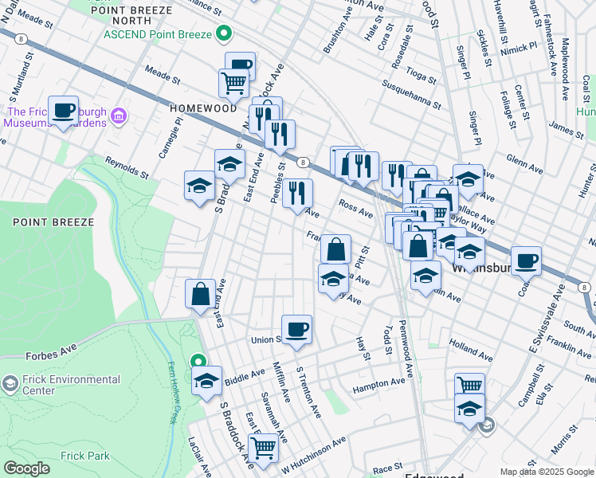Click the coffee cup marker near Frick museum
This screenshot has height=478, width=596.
[x=63, y=111]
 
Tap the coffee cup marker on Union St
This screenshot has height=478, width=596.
[x=296, y=329]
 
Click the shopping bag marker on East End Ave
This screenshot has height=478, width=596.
[x=200, y=294]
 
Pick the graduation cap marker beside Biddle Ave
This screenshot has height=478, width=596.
[x=206, y=380]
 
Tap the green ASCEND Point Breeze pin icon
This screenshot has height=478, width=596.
[x=225, y=34]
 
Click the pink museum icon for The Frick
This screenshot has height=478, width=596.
[x=119, y=117]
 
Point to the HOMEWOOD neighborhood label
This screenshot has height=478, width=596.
[x=203, y=108]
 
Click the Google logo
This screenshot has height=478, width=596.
[x=26, y=468]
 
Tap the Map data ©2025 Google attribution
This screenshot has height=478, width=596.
[x=546, y=472]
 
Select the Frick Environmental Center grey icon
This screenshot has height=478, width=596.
[x=10, y=385]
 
